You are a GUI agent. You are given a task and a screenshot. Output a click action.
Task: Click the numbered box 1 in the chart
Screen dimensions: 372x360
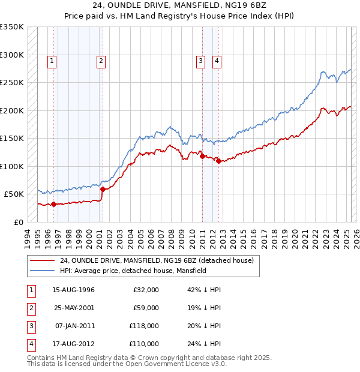pyautogui.click(x=53, y=60)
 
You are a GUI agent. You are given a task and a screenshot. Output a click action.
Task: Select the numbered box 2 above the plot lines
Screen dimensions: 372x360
pyautogui.click(x=100, y=60)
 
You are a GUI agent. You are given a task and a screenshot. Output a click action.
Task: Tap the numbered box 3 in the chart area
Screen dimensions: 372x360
pyautogui.click(x=200, y=60)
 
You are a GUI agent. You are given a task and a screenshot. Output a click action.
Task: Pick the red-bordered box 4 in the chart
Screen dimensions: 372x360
pyautogui.click(x=216, y=60)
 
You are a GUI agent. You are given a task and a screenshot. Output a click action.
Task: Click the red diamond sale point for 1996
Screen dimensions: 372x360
pyautogui.click(x=53, y=204)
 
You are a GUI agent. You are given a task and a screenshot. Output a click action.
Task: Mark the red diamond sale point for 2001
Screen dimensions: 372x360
pyautogui.click(x=103, y=189)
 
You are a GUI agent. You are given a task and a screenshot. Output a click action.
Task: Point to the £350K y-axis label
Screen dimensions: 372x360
pyautogui.click(x=12, y=27)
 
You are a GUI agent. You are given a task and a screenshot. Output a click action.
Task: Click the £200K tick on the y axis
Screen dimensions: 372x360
pyautogui.click(x=12, y=110)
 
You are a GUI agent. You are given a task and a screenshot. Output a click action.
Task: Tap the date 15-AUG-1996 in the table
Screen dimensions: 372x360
pyautogui.click(x=74, y=290)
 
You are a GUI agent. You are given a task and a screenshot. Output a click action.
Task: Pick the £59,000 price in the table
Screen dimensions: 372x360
pyautogui.click(x=146, y=308)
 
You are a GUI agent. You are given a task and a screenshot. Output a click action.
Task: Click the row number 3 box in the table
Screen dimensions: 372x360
pyautogui.click(x=31, y=326)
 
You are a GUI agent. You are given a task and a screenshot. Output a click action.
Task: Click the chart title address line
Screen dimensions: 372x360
pyautogui.click(x=179, y=8)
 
